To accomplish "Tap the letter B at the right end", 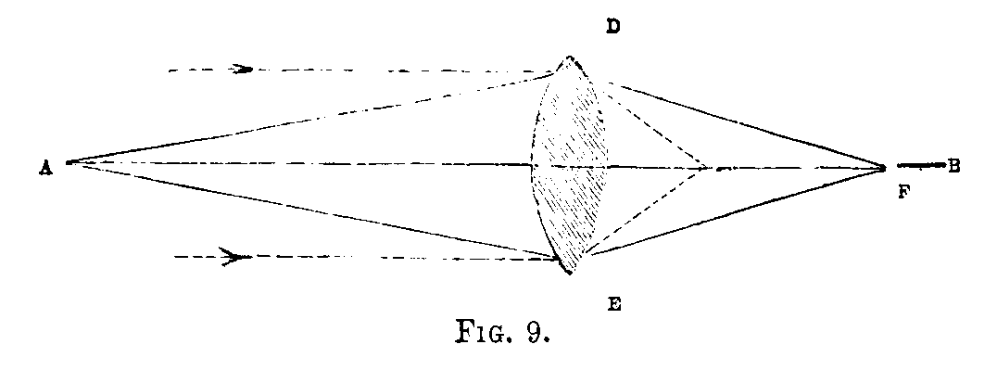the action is pos(953,166).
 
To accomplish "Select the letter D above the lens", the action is pos(612,27).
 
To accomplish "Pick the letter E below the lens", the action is pos(612,304).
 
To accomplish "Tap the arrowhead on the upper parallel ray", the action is pos(243,69).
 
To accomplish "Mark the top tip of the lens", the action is pos(570,57).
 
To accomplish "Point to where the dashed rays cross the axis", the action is pos(706,168).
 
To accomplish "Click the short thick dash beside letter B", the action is pos(918,166).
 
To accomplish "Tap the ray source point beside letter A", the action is pos(65,163).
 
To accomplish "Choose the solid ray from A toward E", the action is pos(306,209).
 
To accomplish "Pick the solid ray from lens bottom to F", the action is pos(741,211).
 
